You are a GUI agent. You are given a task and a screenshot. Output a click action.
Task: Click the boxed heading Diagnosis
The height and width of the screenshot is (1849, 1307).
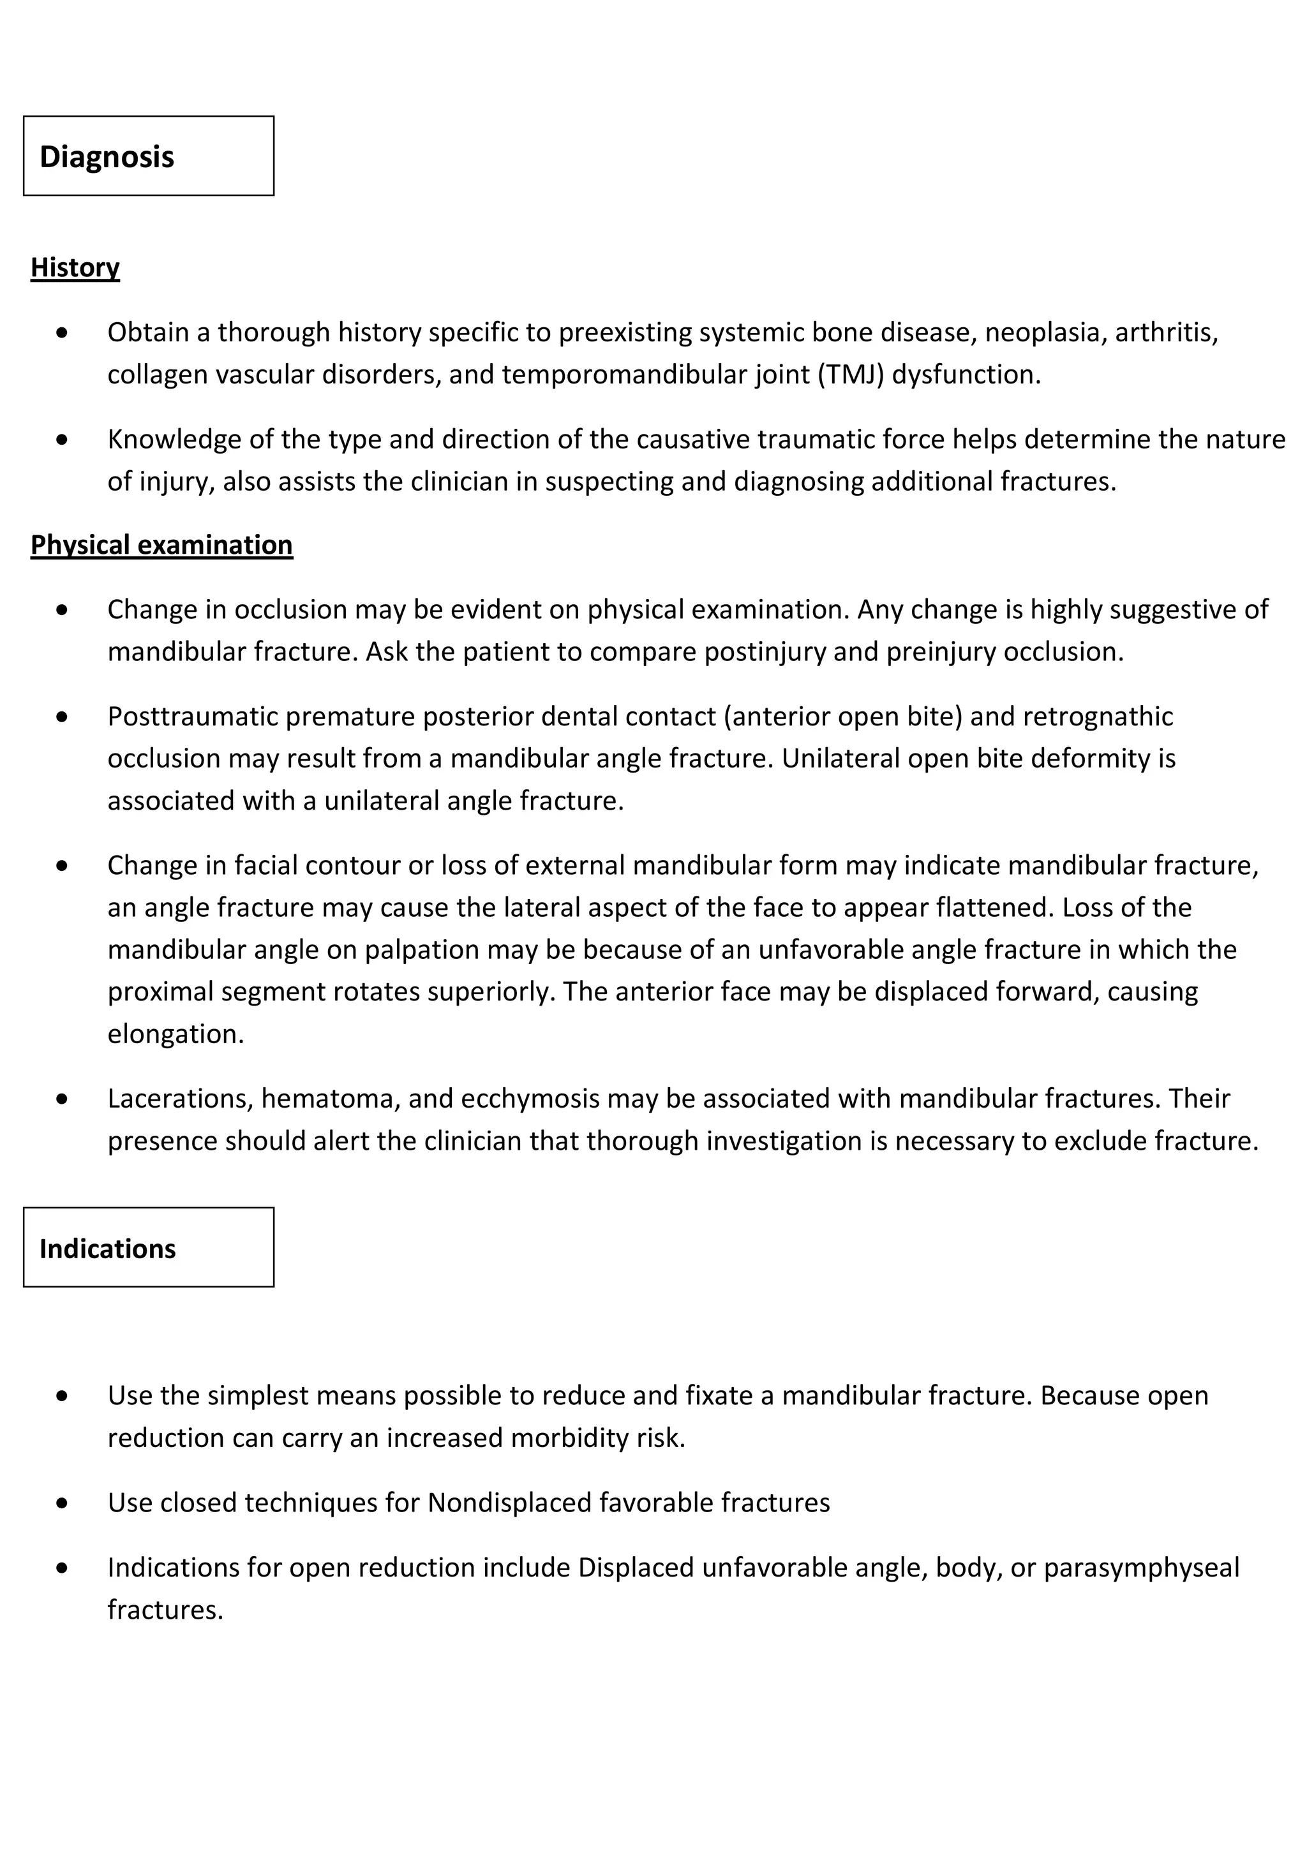point(107,156)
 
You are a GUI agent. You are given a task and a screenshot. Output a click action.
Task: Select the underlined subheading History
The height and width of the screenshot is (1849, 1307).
point(75,267)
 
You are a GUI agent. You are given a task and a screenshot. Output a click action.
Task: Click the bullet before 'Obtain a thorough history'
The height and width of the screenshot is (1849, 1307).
point(63,332)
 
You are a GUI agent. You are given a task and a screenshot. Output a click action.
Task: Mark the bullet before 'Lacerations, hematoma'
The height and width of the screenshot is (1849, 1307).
point(63,1099)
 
